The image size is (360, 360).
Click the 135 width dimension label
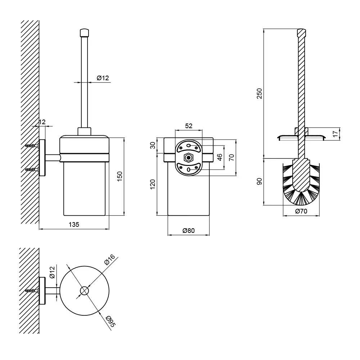click(x=74, y=224)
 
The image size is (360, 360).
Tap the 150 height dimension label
click(x=120, y=176)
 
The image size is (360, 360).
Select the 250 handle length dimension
click(x=259, y=94)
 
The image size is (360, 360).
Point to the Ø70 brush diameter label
click(x=301, y=211)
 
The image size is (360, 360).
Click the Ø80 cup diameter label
click(x=189, y=230)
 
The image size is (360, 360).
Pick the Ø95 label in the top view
click(x=111, y=321)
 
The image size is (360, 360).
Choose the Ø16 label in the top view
click(x=109, y=260)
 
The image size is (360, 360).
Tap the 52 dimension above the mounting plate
click(x=189, y=126)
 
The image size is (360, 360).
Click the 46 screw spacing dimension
click(x=220, y=157)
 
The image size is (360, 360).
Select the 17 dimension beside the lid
click(x=336, y=134)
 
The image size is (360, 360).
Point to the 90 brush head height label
click(x=259, y=181)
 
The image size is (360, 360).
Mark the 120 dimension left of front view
click(x=152, y=184)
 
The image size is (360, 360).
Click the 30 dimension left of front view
click(x=153, y=145)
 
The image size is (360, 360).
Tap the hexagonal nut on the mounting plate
click(x=189, y=158)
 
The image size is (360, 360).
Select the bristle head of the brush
click(x=301, y=184)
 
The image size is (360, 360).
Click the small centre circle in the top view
click(x=85, y=291)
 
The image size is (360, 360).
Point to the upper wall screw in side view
click(x=32, y=145)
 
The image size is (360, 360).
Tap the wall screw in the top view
click(x=32, y=291)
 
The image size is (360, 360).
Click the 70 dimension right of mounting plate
click(x=231, y=157)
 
